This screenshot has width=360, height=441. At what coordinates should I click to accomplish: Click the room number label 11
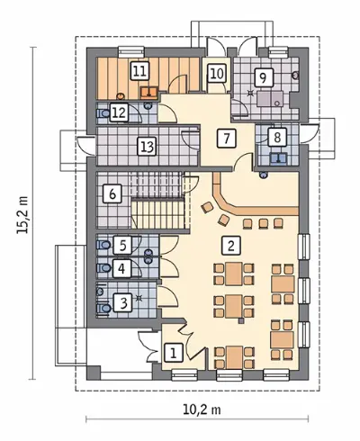140,71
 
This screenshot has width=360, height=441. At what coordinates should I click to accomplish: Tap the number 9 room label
264,78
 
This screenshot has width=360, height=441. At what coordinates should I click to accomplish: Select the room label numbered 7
227,139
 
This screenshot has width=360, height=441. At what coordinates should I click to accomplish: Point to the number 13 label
147,147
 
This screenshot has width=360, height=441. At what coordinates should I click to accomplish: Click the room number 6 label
112,193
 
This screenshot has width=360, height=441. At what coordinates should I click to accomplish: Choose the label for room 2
231,246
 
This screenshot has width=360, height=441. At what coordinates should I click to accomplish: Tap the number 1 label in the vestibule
174,352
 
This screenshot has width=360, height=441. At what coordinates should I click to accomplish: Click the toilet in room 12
103,113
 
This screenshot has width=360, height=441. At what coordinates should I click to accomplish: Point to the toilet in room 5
103,245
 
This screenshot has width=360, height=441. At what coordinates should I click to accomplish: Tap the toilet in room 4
103,267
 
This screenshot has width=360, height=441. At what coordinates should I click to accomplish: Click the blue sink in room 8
279,157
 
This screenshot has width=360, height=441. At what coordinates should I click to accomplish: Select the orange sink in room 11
149,92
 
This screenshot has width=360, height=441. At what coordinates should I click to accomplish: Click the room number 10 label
217,74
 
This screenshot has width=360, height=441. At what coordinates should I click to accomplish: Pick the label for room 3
122,302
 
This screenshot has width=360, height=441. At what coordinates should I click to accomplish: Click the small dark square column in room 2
240,321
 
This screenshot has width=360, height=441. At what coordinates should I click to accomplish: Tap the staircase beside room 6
157,202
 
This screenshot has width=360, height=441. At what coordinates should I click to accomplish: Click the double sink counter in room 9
270,99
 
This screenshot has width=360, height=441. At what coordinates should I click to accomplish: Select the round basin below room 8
264,175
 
